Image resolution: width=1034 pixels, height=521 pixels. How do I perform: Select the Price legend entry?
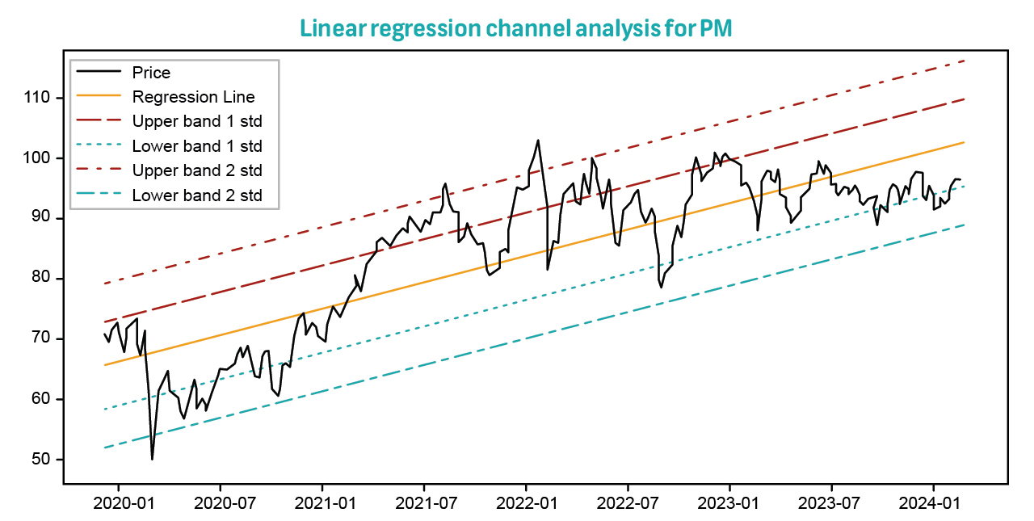151,73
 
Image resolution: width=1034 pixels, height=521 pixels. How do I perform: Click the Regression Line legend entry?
193,97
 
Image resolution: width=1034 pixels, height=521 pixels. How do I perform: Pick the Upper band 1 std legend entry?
197,122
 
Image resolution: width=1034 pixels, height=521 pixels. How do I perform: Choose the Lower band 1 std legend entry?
197,146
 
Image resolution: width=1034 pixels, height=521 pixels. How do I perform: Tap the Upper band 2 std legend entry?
197,171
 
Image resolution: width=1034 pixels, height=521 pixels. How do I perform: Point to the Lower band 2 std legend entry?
197,195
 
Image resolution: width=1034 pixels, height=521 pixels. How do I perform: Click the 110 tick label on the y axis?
38,98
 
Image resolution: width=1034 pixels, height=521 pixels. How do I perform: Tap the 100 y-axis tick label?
38,158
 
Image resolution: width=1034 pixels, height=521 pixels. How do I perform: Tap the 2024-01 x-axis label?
934,505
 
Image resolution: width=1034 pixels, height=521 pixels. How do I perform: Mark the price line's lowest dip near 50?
152,459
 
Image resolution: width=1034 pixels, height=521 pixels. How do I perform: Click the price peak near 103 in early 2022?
538,140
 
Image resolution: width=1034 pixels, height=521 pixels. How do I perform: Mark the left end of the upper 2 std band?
105,284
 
